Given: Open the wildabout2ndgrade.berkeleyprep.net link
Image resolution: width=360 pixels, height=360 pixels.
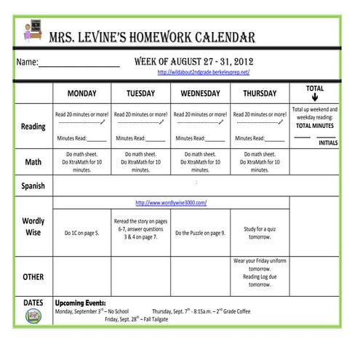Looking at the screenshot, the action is [204, 73].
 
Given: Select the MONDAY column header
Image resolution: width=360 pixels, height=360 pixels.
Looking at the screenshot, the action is [81, 94].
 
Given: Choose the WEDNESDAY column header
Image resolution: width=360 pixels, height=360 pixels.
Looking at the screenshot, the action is [200, 94].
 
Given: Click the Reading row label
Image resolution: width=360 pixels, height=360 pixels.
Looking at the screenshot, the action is [33, 127].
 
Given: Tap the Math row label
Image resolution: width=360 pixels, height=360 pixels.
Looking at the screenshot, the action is [33, 161].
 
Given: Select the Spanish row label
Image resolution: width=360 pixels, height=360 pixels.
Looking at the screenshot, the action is [33, 185].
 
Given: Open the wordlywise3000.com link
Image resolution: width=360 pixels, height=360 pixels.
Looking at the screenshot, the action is [171, 203].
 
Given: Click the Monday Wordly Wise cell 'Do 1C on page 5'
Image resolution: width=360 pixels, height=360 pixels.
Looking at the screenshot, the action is [81, 233].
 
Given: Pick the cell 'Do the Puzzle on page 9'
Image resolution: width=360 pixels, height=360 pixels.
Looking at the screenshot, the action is [200, 233].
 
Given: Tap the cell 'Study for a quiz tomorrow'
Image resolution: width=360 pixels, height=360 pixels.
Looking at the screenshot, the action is [260, 233].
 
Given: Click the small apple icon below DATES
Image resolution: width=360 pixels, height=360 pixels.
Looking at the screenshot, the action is [33, 316].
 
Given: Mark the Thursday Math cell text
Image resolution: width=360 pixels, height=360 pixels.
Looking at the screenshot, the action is [260, 161].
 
